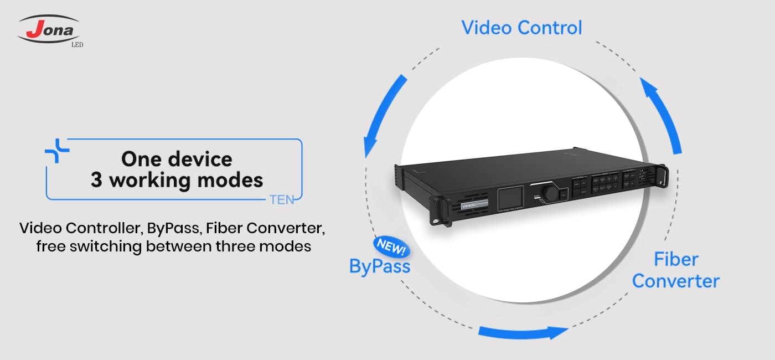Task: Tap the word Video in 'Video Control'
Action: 486,28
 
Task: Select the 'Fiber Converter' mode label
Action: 675,270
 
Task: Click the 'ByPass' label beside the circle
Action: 380,266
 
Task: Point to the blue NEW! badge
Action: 391,248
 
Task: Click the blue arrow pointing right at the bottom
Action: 523,332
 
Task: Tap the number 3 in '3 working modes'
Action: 96,180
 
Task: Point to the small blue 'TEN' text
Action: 282,200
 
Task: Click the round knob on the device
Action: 550,192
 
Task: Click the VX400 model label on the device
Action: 468,205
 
